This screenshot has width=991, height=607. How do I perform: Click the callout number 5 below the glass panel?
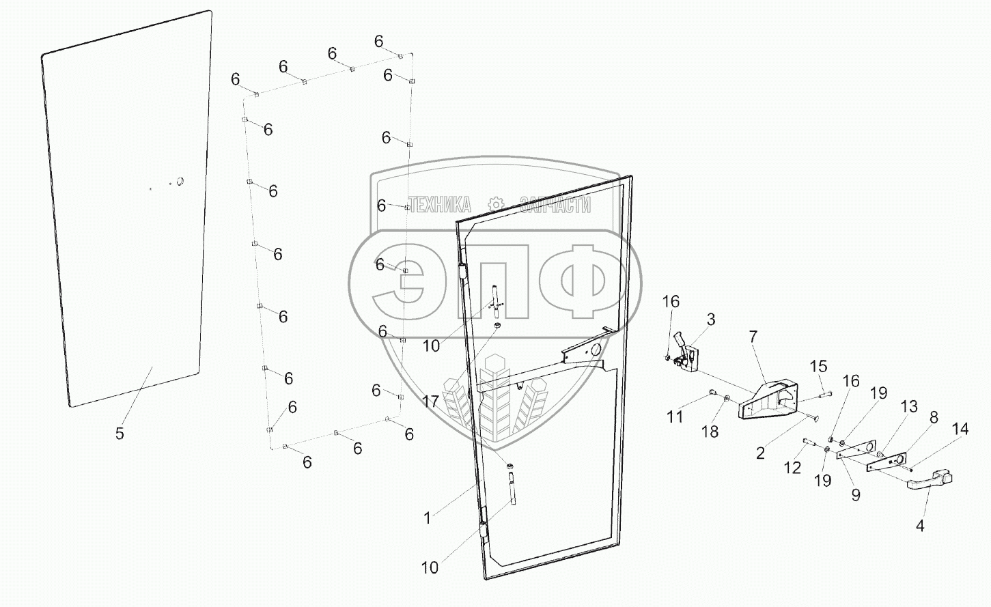point(120,433)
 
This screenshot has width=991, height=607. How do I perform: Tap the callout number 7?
point(753,337)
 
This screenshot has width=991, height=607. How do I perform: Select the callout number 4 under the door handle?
point(920,526)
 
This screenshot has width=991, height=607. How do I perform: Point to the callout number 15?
point(818,366)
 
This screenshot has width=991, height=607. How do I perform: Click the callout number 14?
point(960,429)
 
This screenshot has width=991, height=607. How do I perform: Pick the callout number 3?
point(711,319)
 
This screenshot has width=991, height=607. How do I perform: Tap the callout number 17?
point(430,401)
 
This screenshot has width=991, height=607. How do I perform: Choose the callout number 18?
point(710,432)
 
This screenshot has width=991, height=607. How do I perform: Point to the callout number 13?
point(909,407)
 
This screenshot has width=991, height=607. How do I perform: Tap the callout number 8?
point(934,418)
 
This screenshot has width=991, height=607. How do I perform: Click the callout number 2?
point(761,453)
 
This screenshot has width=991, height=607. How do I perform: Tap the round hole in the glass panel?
point(180,182)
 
